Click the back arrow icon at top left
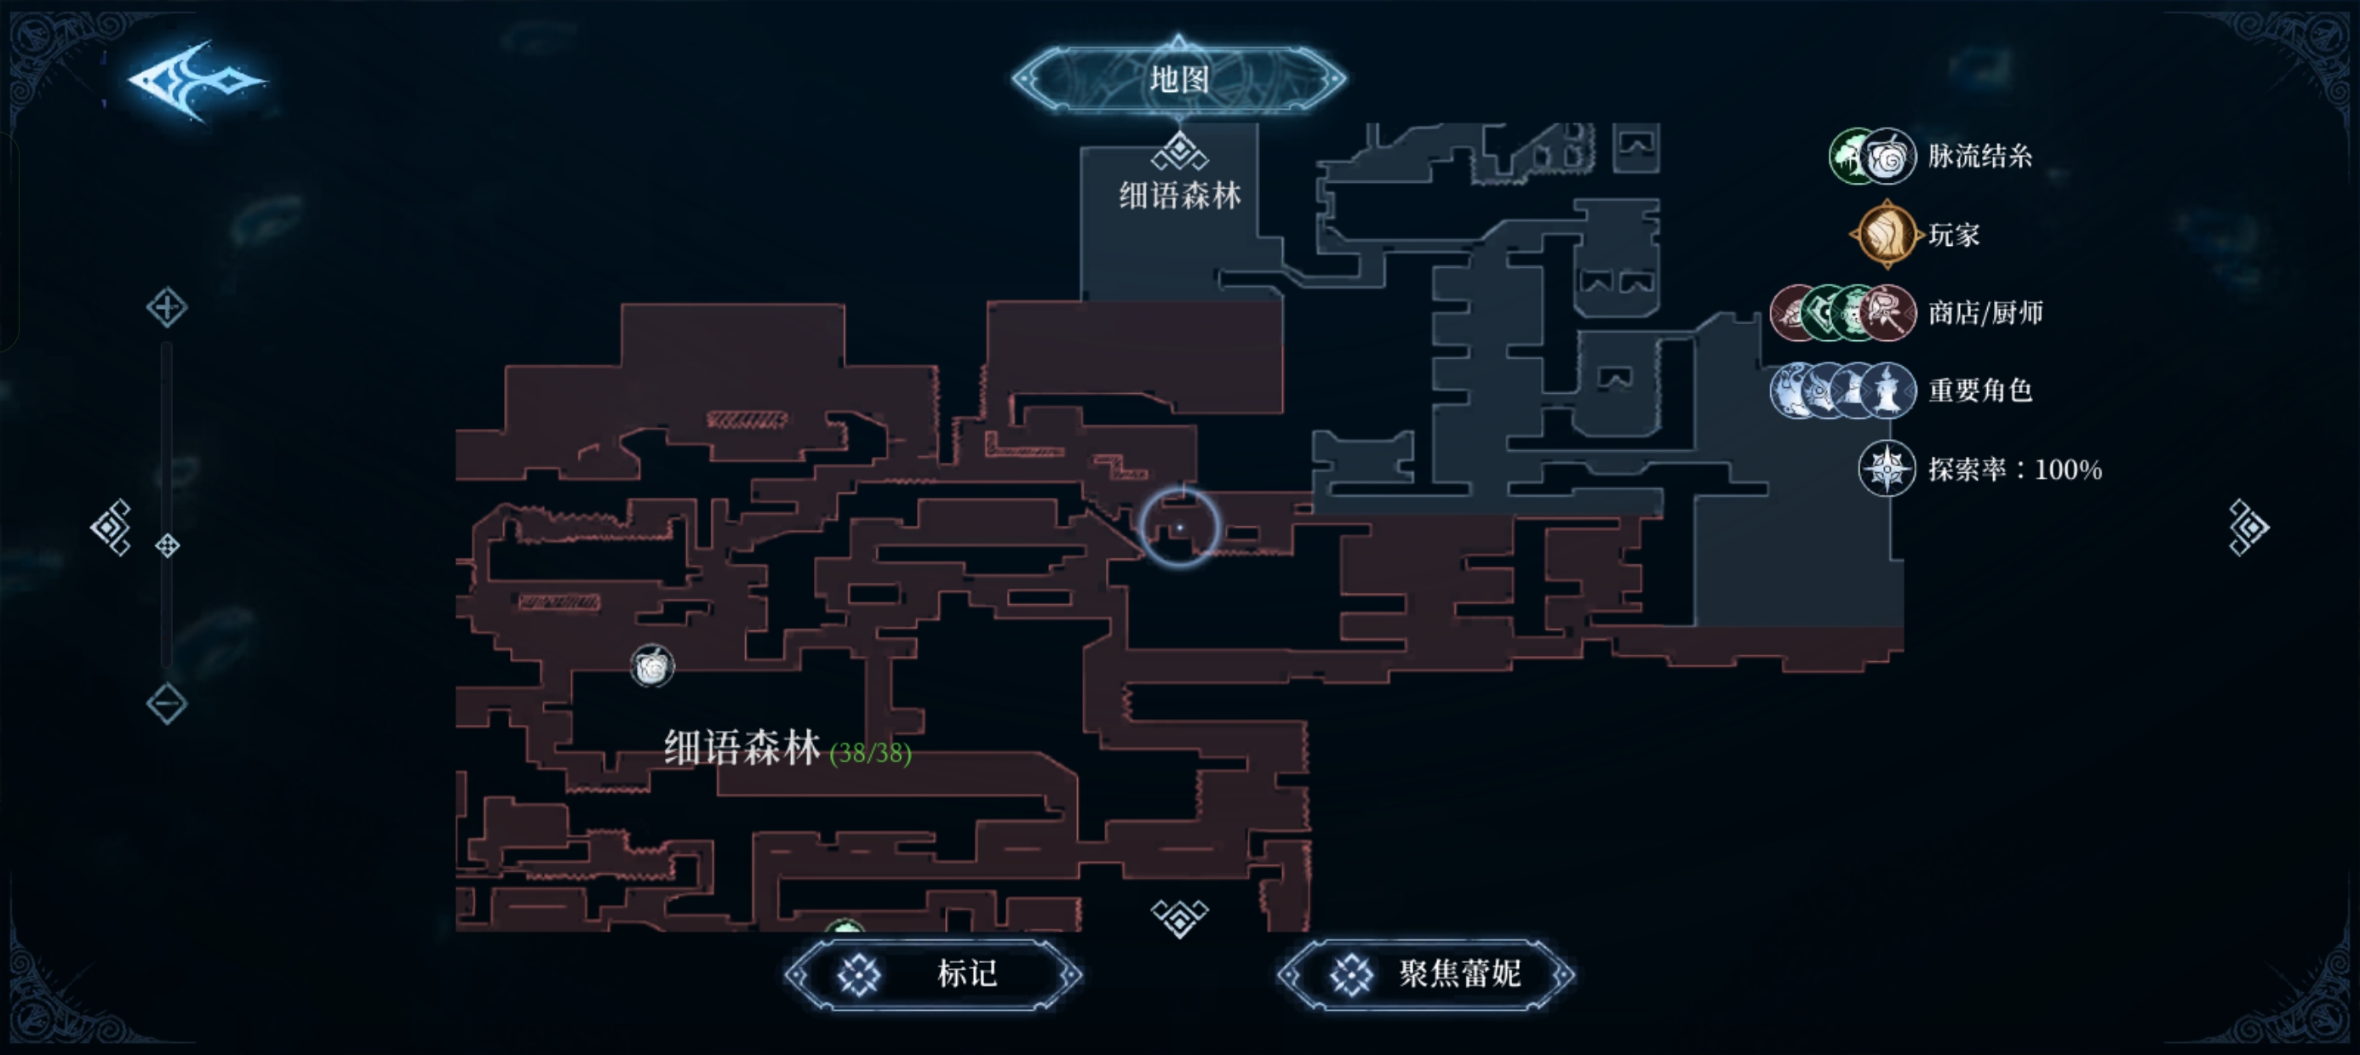point(197,81)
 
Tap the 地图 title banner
point(1179,79)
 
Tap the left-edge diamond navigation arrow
point(111,527)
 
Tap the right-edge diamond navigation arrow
point(2248,527)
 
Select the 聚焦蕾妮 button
point(1426,974)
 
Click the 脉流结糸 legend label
point(1979,157)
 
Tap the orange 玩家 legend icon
point(1887,235)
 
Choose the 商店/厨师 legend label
point(1985,313)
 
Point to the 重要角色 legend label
point(1979,391)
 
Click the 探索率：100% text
point(2014,470)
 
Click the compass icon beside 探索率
point(1887,469)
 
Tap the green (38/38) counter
point(870,754)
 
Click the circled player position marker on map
point(1180,527)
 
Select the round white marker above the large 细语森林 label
point(652,667)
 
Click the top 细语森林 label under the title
point(1180,195)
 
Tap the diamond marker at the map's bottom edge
point(1180,916)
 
